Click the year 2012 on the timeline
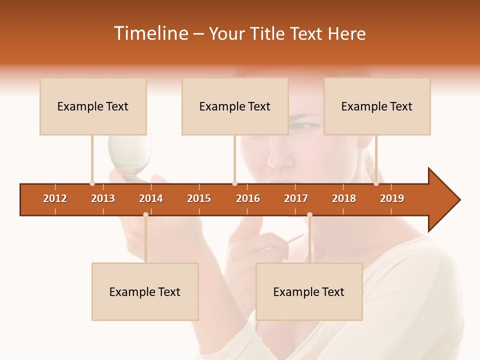55,198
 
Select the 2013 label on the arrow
103,198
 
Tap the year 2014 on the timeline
151,198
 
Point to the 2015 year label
199,198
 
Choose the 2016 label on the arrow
248,198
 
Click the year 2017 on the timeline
296,198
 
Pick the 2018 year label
344,198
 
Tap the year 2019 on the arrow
392,198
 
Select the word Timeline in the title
149,33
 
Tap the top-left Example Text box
93,106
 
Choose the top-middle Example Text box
235,106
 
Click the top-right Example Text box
377,106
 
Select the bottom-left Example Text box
145,292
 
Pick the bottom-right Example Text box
309,292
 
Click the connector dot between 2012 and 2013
92,183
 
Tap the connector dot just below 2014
145,214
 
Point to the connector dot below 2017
309,214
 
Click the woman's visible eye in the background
300,125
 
